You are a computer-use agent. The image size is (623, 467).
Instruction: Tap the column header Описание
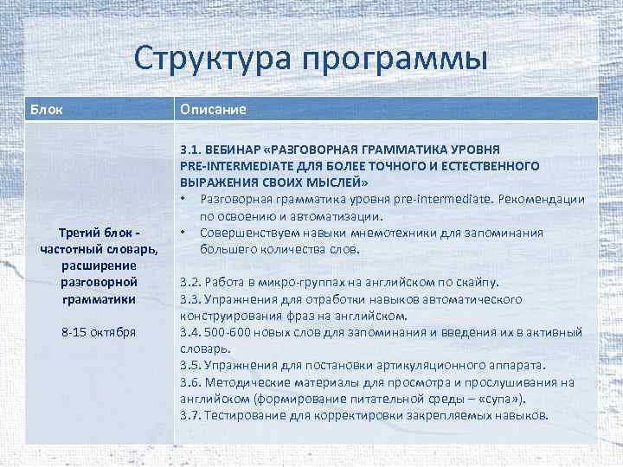[213, 110]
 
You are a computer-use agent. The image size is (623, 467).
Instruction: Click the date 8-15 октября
[97, 332]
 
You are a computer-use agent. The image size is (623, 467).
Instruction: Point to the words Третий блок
[97, 233]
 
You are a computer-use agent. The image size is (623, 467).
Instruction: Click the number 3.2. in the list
[192, 283]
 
